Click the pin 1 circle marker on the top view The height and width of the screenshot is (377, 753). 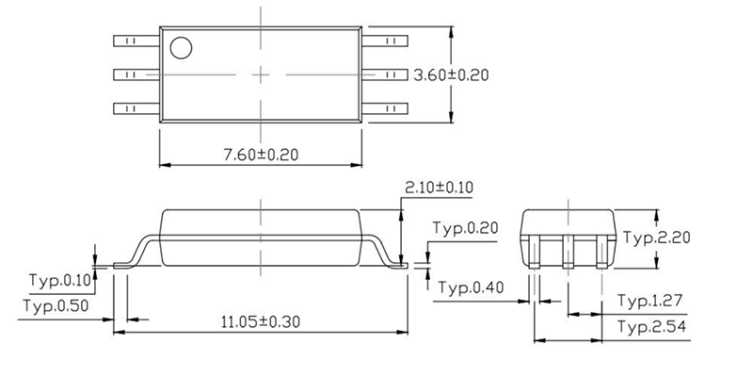[x=180, y=46]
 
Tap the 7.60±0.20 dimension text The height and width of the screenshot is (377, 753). [x=259, y=154]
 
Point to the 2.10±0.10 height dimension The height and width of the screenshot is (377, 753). [x=438, y=188]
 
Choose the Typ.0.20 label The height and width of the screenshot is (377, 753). [x=464, y=228]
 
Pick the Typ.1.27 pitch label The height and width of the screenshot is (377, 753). [x=649, y=302]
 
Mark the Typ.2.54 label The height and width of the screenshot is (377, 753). [x=649, y=326]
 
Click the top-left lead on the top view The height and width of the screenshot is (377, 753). [x=135, y=41]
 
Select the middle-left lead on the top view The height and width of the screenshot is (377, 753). [x=135, y=74]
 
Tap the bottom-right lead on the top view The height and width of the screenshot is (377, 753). [x=387, y=107]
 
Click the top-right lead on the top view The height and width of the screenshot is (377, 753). [x=387, y=41]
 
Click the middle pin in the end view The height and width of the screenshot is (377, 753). [x=569, y=254]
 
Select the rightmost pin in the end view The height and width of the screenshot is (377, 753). [x=602, y=254]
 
